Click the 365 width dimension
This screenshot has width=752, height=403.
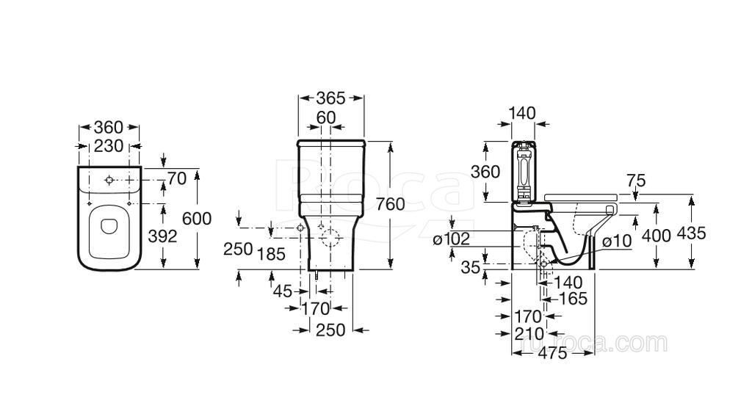coord(331,98)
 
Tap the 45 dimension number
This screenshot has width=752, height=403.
coord(283,291)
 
